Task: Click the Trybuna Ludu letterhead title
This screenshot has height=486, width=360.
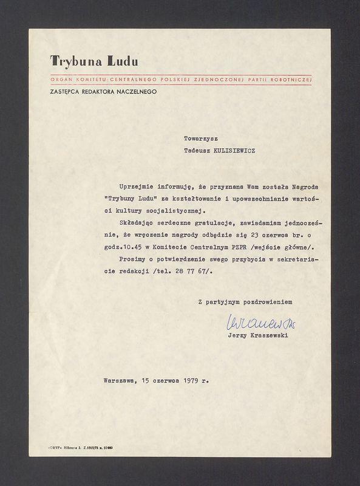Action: point(94,61)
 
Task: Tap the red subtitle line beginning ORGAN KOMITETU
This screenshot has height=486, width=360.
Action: point(181,80)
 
